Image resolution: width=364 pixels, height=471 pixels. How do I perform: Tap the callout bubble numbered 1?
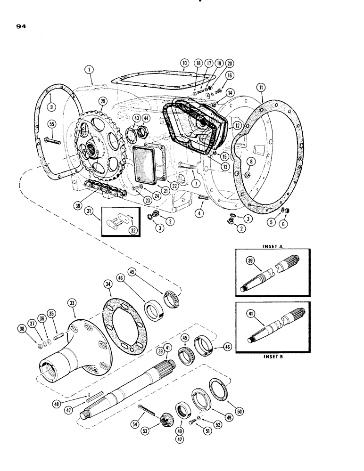88,70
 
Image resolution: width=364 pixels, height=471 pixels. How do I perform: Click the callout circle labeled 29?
102,101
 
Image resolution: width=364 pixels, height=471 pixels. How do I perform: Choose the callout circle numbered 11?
261,87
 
